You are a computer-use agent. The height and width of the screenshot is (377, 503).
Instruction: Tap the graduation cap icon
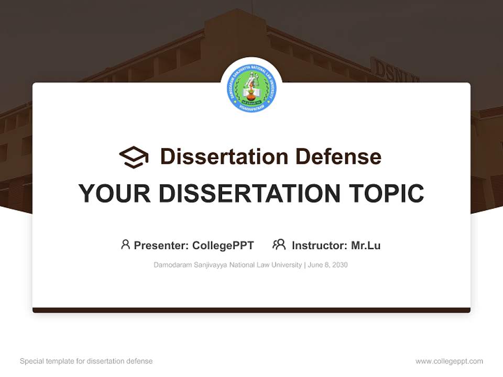tap(134, 157)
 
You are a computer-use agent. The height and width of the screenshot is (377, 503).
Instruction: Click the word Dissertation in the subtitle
tap(224, 157)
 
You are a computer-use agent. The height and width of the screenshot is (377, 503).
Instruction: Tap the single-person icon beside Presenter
tap(125, 245)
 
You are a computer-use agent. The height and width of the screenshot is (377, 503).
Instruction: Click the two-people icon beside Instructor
tap(279, 245)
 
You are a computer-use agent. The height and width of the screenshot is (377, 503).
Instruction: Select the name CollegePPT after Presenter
tap(223, 245)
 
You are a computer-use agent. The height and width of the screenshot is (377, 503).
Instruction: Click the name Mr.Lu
tap(366, 245)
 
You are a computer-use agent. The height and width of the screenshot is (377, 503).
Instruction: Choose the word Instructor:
tap(320, 245)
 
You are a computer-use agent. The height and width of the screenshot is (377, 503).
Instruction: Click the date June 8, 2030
tap(328, 265)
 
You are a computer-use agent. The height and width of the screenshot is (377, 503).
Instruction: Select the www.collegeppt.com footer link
tap(449, 361)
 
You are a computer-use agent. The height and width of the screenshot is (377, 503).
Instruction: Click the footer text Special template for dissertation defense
tap(86, 361)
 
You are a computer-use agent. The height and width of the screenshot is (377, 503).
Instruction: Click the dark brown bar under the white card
tap(251, 310)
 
